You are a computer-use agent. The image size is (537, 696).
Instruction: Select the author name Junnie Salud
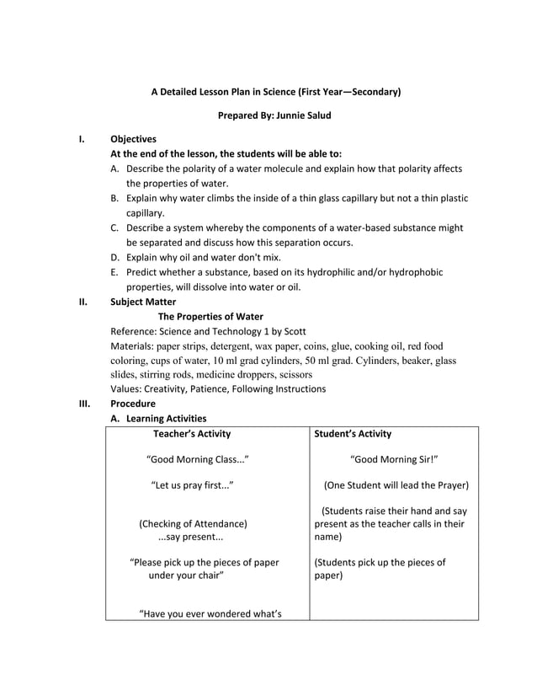coord(298,115)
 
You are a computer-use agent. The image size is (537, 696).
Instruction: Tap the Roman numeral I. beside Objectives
coord(81,139)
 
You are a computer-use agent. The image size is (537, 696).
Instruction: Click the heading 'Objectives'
coord(134,139)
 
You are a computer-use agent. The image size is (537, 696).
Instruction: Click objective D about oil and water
coord(203,257)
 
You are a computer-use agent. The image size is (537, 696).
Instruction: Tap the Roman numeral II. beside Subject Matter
coord(82,302)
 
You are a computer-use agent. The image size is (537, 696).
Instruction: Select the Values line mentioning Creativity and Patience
coord(218,388)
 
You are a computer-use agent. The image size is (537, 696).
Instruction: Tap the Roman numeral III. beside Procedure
coord(84,404)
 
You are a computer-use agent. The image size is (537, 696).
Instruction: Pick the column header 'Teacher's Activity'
coord(192,434)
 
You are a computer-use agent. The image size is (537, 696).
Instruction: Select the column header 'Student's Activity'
coord(352,434)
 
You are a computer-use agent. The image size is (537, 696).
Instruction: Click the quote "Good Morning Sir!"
coord(394,460)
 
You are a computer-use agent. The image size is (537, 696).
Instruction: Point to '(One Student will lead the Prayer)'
coord(396,485)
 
